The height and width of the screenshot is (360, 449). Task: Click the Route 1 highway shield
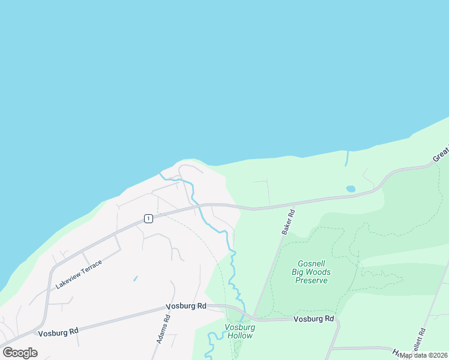pos(148,218)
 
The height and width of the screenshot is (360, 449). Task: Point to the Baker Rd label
pos(288,221)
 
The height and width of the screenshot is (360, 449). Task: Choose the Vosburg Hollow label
pos(240,331)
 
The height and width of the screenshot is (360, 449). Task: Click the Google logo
pos(20,353)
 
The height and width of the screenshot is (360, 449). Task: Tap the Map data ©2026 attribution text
pos(423,355)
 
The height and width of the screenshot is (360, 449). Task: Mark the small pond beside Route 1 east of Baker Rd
pos(351,189)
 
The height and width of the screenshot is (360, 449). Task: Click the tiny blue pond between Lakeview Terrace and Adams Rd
pos(135,278)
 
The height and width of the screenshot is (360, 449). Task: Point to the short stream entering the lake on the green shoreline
pos(347,159)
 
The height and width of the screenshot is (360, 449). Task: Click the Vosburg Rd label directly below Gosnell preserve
pos(313,319)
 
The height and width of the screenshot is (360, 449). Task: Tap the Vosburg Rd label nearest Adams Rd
pos(185,306)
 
